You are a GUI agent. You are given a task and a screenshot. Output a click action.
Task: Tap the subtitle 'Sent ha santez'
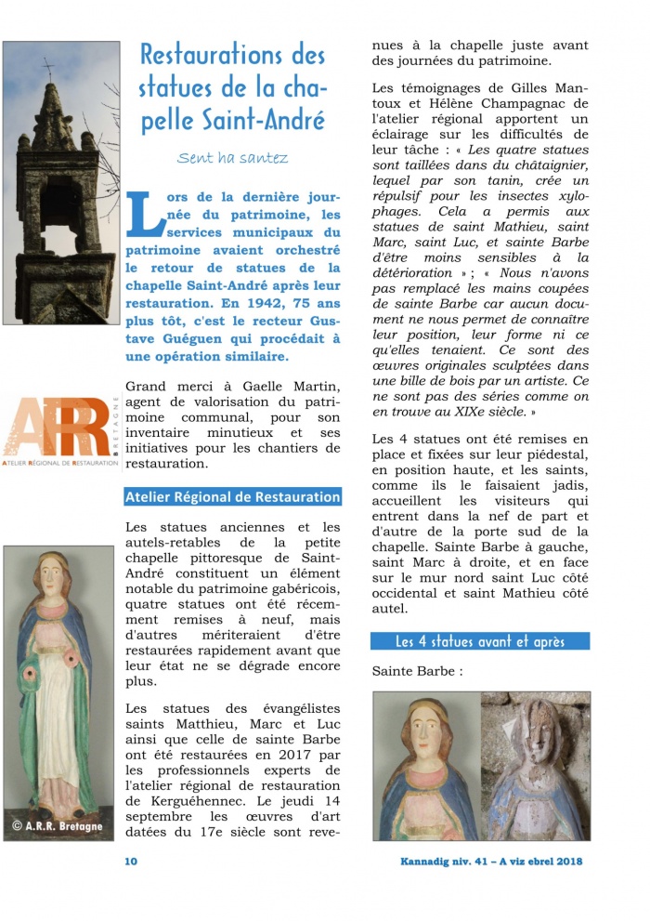pyautogui.click(x=232, y=158)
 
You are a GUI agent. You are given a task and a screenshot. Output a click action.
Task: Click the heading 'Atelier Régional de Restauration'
pyautogui.click(x=232, y=497)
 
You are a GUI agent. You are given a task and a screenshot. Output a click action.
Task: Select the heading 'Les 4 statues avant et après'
pyautogui.click(x=479, y=641)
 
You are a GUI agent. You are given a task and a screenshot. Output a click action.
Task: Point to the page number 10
pyautogui.click(x=131, y=861)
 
